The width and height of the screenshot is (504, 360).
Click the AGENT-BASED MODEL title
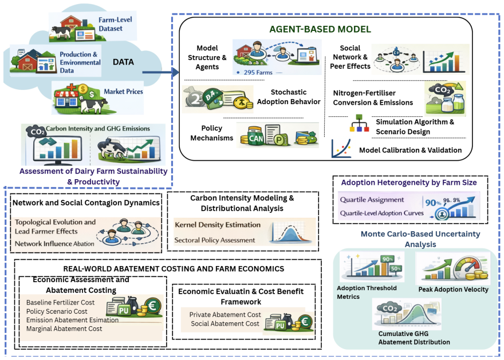320,29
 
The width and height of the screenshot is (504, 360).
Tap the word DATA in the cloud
123,62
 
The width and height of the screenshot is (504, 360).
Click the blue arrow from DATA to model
160,72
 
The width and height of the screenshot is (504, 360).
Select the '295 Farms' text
258,73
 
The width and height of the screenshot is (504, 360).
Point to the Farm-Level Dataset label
115,24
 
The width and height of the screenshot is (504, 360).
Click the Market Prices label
123,92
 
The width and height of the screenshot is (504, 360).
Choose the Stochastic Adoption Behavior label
288,97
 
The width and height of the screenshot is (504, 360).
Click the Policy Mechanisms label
211,133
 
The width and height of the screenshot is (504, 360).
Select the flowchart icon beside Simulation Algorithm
359,123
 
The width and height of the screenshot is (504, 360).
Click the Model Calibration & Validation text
410,151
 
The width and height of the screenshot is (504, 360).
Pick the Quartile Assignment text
372,200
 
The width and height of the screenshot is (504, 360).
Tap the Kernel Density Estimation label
218,225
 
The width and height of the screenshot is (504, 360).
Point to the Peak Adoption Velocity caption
453,290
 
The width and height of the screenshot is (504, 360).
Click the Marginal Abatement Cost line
64,329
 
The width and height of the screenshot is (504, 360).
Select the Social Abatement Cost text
225,324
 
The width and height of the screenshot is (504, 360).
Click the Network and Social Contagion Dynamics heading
86,203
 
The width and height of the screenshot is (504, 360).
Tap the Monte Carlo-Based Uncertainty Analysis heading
420,239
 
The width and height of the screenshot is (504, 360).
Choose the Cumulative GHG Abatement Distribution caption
414,338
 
